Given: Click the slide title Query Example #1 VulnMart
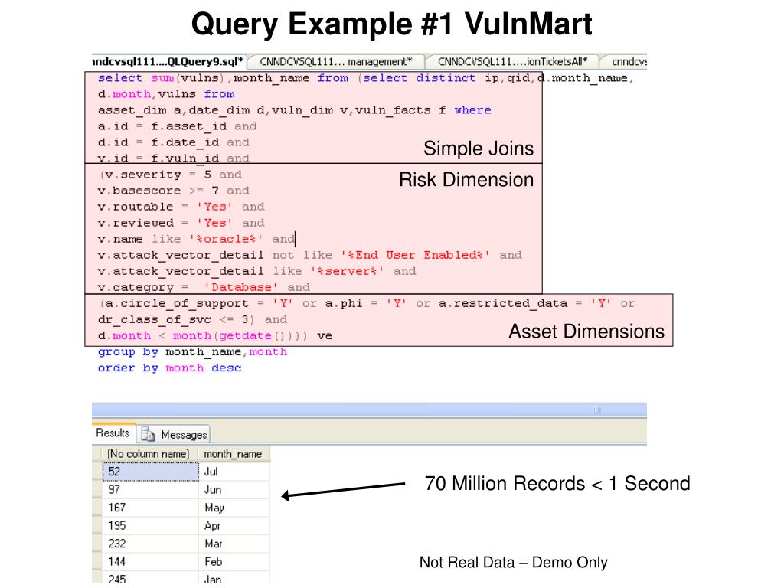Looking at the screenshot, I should pos(391,24).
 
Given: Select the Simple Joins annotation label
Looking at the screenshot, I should pos(479,149).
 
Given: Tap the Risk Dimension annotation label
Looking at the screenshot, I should pos(465,180).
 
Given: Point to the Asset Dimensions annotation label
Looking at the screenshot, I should pos(586,332).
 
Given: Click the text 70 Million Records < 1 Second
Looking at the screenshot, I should pos(557,484).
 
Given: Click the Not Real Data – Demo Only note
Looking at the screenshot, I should pos(513,563).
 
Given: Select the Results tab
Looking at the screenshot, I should pos(113,433).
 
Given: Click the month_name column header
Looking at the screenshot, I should pos(233,454).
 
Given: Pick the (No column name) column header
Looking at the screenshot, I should pos(148,454).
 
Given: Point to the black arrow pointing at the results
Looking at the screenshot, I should pos(343,490).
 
